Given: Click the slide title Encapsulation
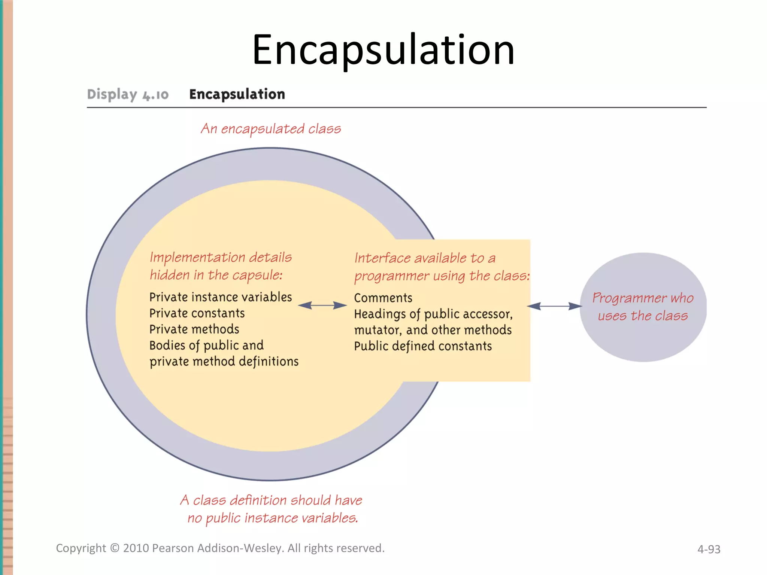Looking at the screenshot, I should tap(383, 51).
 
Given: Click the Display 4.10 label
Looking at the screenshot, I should tap(128, 94).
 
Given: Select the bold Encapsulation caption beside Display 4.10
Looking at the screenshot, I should tap(237, 94).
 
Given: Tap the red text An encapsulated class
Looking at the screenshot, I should tap(271, 129).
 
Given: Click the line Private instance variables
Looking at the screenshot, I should tap(220, 297).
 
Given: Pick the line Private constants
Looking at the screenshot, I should tap(197, 313).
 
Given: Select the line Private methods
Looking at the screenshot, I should tap(194, 329).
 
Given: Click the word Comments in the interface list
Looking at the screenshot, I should tap(383, 298).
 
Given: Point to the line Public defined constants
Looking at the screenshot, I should tap(423, 346).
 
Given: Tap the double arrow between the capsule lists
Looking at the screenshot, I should tap(322, 305).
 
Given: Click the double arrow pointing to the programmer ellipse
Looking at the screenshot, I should tap(554, 306).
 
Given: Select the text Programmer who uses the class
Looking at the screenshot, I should tap(643, 307).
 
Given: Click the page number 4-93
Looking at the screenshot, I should tap(709, 549).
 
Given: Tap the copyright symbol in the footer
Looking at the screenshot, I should tap(115, 548).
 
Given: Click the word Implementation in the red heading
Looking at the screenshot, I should tap(197, 258).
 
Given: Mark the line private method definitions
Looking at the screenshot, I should tap(224, 362).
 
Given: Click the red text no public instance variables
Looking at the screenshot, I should tap(273, 518).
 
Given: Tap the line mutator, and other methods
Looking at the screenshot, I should tap(433, 330).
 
